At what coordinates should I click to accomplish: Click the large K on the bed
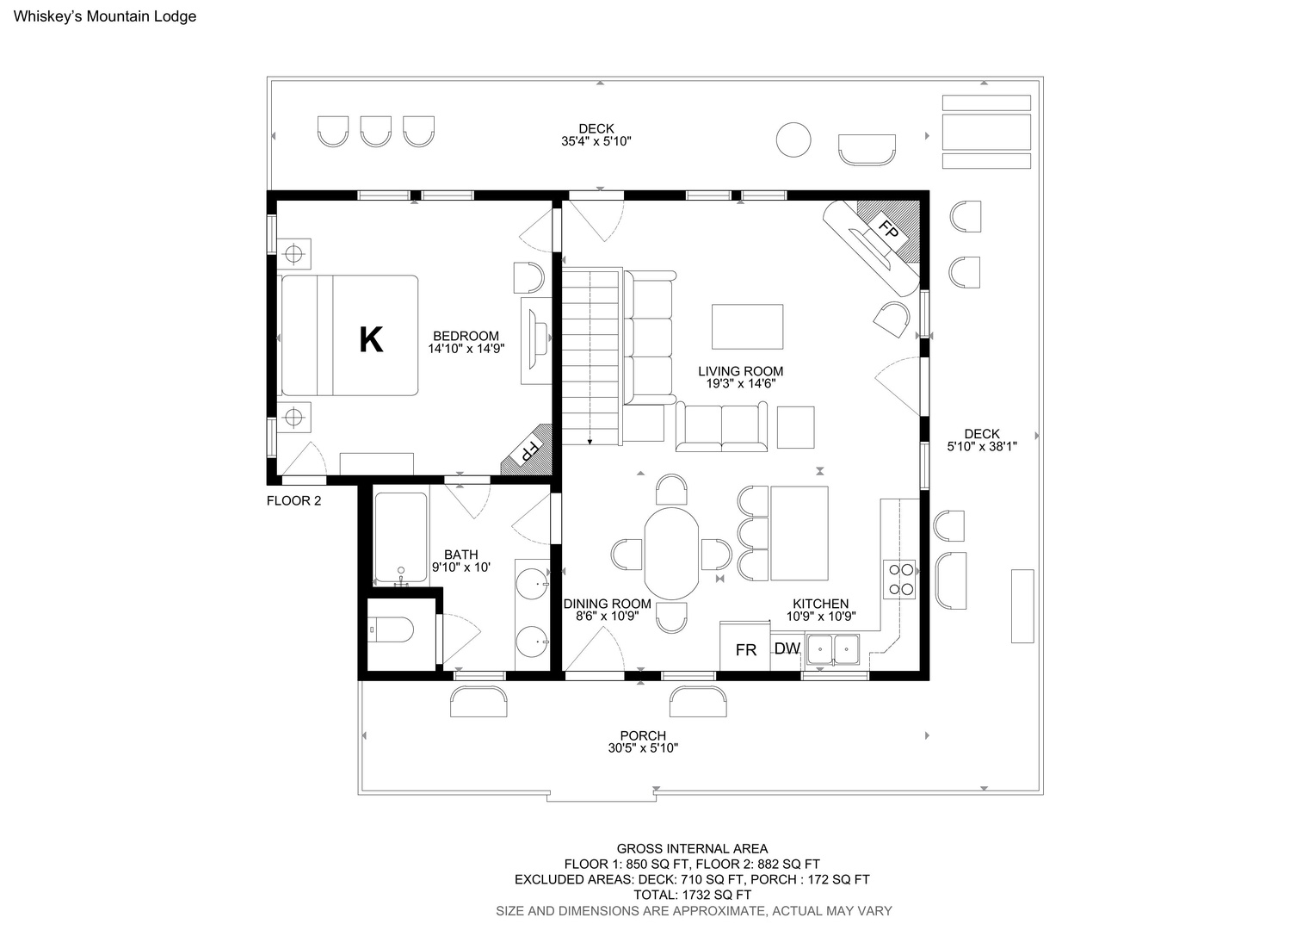371,339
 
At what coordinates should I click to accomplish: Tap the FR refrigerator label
745,650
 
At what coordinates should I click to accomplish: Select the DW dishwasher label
787,648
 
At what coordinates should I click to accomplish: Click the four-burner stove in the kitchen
899,580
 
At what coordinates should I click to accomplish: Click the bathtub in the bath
401,537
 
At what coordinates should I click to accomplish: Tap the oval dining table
671,554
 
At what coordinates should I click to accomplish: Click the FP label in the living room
889,228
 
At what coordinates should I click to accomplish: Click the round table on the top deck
793,139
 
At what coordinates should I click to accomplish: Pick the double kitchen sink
834,649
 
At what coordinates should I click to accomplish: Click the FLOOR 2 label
293,500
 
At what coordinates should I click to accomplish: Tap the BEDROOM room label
466,336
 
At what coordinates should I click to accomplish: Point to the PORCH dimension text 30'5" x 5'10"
644,748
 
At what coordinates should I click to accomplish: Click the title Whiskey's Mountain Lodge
105,16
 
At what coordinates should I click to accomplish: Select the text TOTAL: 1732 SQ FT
693,895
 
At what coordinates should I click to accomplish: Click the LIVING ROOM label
741,371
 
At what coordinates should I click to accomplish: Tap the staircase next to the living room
591,356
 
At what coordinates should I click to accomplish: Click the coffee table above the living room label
747,326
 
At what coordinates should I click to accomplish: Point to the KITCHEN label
821,604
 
